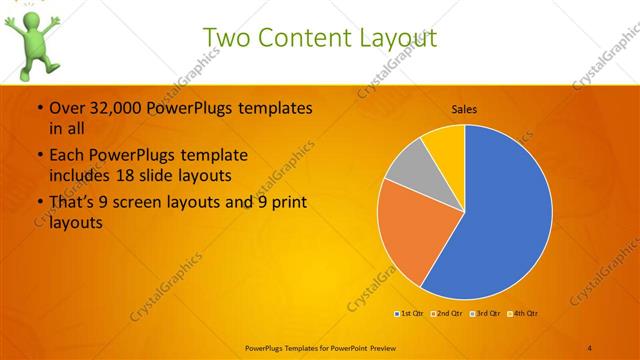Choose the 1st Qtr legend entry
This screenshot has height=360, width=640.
click(x=411, y=313)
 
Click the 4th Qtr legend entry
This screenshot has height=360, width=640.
click(x=525, y=313)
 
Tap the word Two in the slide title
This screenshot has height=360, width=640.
click(x=226, y=37)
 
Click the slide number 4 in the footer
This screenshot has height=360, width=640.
click(x=590, y=347)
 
